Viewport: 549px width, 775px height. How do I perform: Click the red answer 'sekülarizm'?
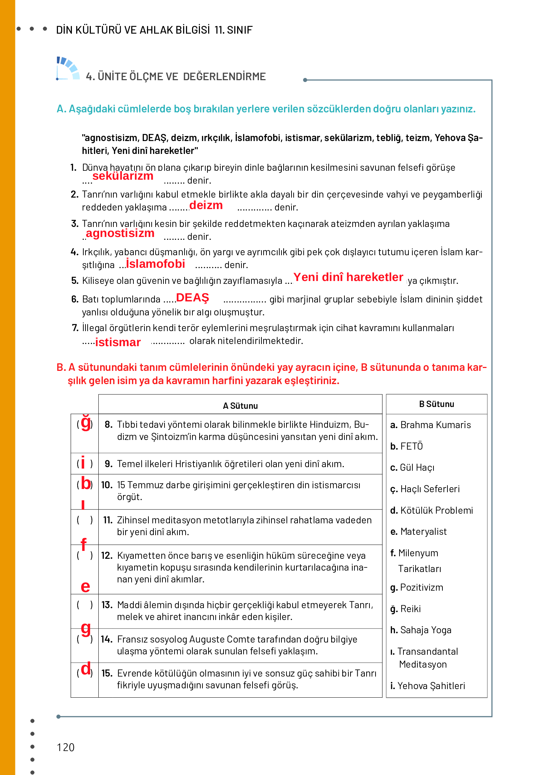pos(123,176)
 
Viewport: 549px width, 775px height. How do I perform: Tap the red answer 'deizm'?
pos(206,205)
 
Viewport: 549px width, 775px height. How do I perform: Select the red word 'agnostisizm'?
pos(120,233)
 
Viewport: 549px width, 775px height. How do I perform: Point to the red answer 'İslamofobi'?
pos(156,264)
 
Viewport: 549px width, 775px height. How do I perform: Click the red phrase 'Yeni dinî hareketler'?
pos(348,277)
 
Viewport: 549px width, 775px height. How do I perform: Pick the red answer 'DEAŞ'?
pos(192,298)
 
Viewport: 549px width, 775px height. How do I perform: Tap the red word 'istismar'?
pos(118,343)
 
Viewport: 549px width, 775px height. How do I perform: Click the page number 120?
pos(66,747)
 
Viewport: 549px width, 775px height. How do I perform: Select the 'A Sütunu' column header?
pos(240,406)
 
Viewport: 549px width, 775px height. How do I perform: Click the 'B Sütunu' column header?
pos(437,404)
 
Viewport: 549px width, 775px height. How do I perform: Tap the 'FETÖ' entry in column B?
pos(411,446)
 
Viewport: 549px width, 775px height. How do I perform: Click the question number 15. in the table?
pos(107,673)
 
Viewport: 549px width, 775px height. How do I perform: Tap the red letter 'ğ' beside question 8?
pos(85,422)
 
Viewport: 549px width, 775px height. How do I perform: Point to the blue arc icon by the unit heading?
pos(68,68)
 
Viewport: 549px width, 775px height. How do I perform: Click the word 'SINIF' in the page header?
pos(240,30)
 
